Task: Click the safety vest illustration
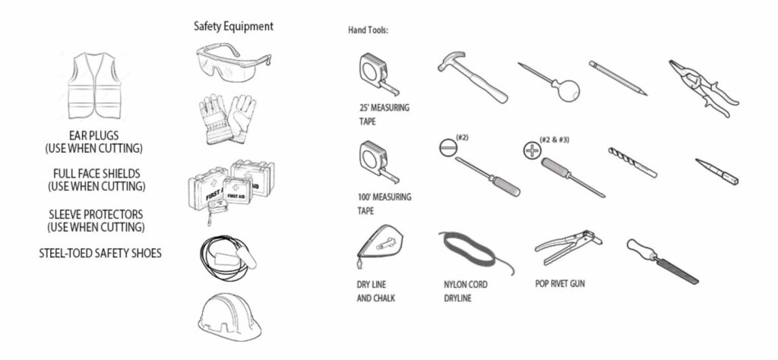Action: coord(94,85)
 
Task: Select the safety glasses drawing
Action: coord(233,62)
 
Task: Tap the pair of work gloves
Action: coord(227,118)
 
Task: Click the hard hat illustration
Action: coord(229,317)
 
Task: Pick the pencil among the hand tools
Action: coord(618,78)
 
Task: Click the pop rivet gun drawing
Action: coord(568,246)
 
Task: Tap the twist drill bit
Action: coord(633,162)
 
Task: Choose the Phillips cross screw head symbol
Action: coord(533,150)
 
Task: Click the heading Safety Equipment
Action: coord(233,27)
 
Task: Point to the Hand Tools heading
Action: coord(368,30)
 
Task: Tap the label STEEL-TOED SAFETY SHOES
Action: coord(100,254)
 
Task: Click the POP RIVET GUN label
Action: coord(560,283)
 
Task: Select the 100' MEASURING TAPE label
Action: coord(384,204)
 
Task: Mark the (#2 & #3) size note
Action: coord(554,140)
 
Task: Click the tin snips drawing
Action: coord(703,88)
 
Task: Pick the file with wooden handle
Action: coord(663,261)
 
